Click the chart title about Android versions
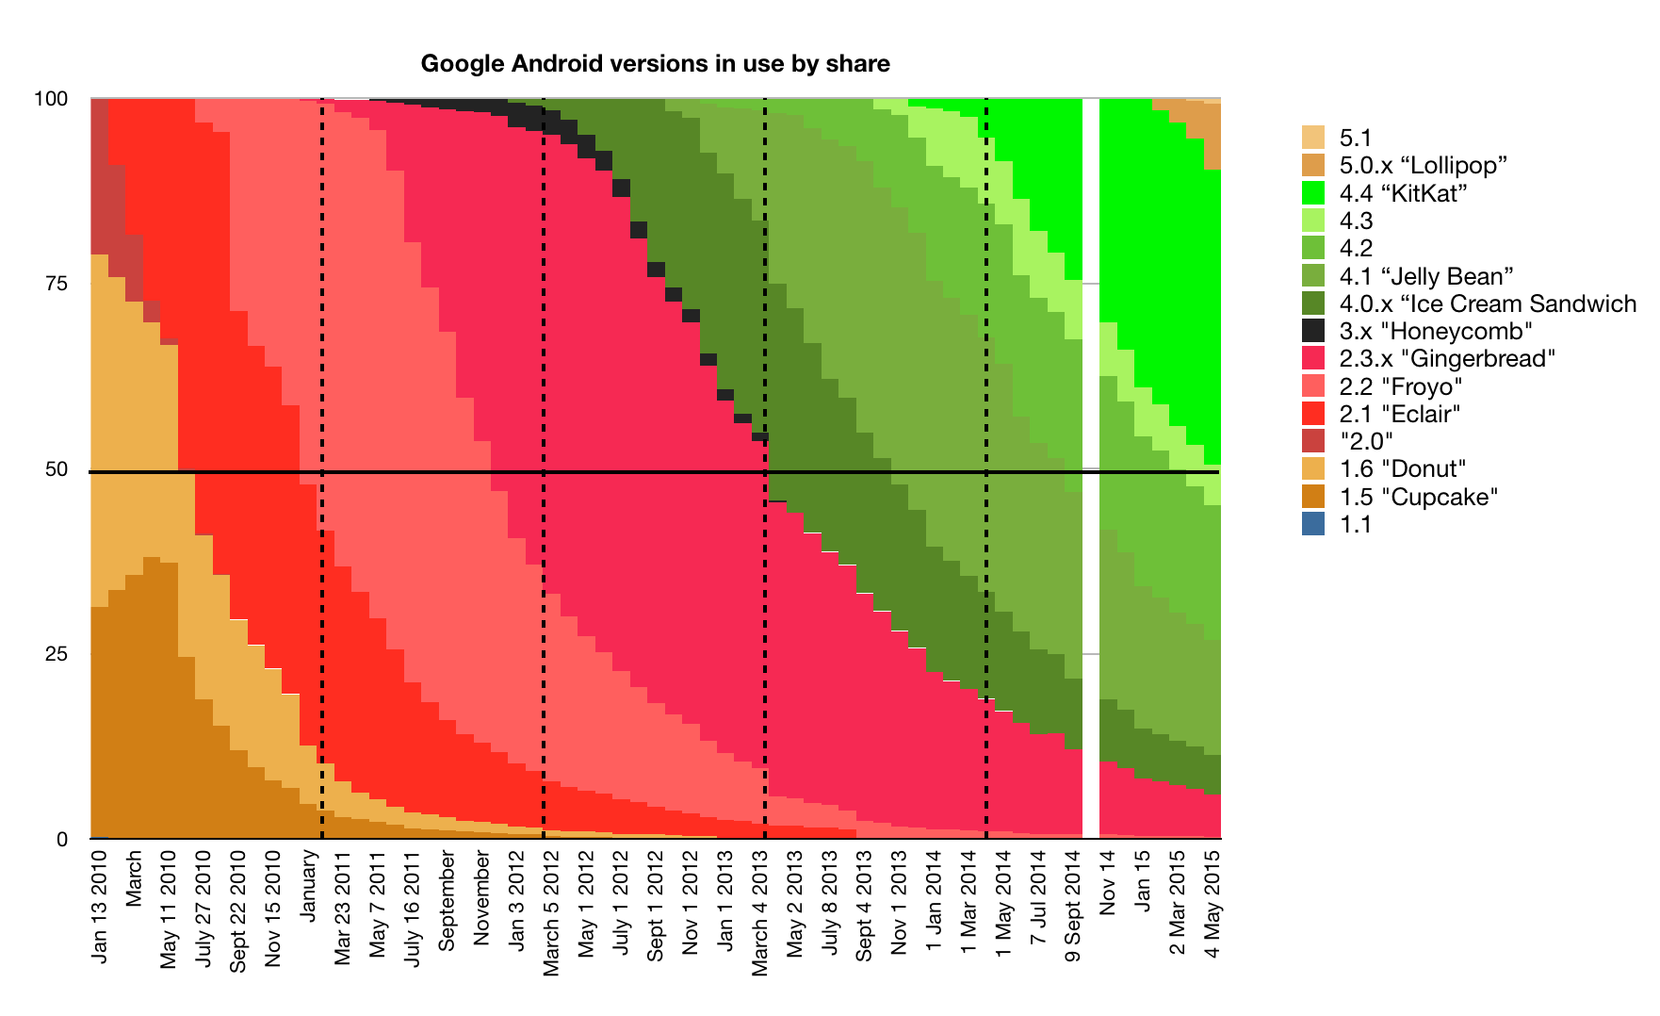pyautogui.click(x=655, y=64)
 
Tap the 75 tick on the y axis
pyautogui.click(x=57, y=284)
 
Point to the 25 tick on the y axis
pyautogui.click(x=57, y=654)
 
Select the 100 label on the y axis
pyautogui.click(x=51, y=99)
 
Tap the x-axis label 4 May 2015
pyautogui.click(x=1212, y=904)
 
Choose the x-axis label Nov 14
pyautogui.click(x=1107, y=882)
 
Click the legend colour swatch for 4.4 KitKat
pyautogui.click(x=1313, y=193)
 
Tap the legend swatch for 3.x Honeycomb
pyautogui.click(x=1313, y=331)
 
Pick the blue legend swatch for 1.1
pyautogui.click(x=1313, y=524)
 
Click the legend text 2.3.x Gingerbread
pyautogui.click(x=1447, y=359)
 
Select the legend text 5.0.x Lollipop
pyautogui.click(x=1423, y=166)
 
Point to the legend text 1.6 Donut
pyautogui.click(x=1403, y=469)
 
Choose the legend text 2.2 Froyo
pyautogui.click(x=1401, y=386)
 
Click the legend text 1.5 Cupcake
pyautogui.click(x=1418, y=497)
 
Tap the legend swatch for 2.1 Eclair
pyautogui.click(x=1313, y=414)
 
